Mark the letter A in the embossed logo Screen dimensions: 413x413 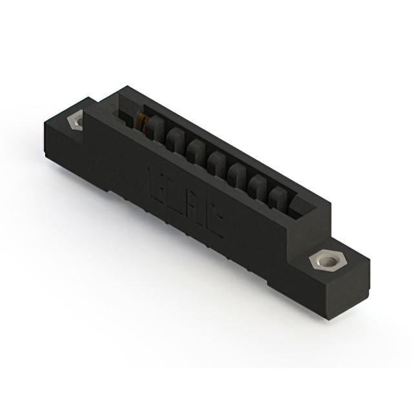click(x=196, y=207)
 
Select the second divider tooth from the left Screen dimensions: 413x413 click(x=175, y=139)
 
